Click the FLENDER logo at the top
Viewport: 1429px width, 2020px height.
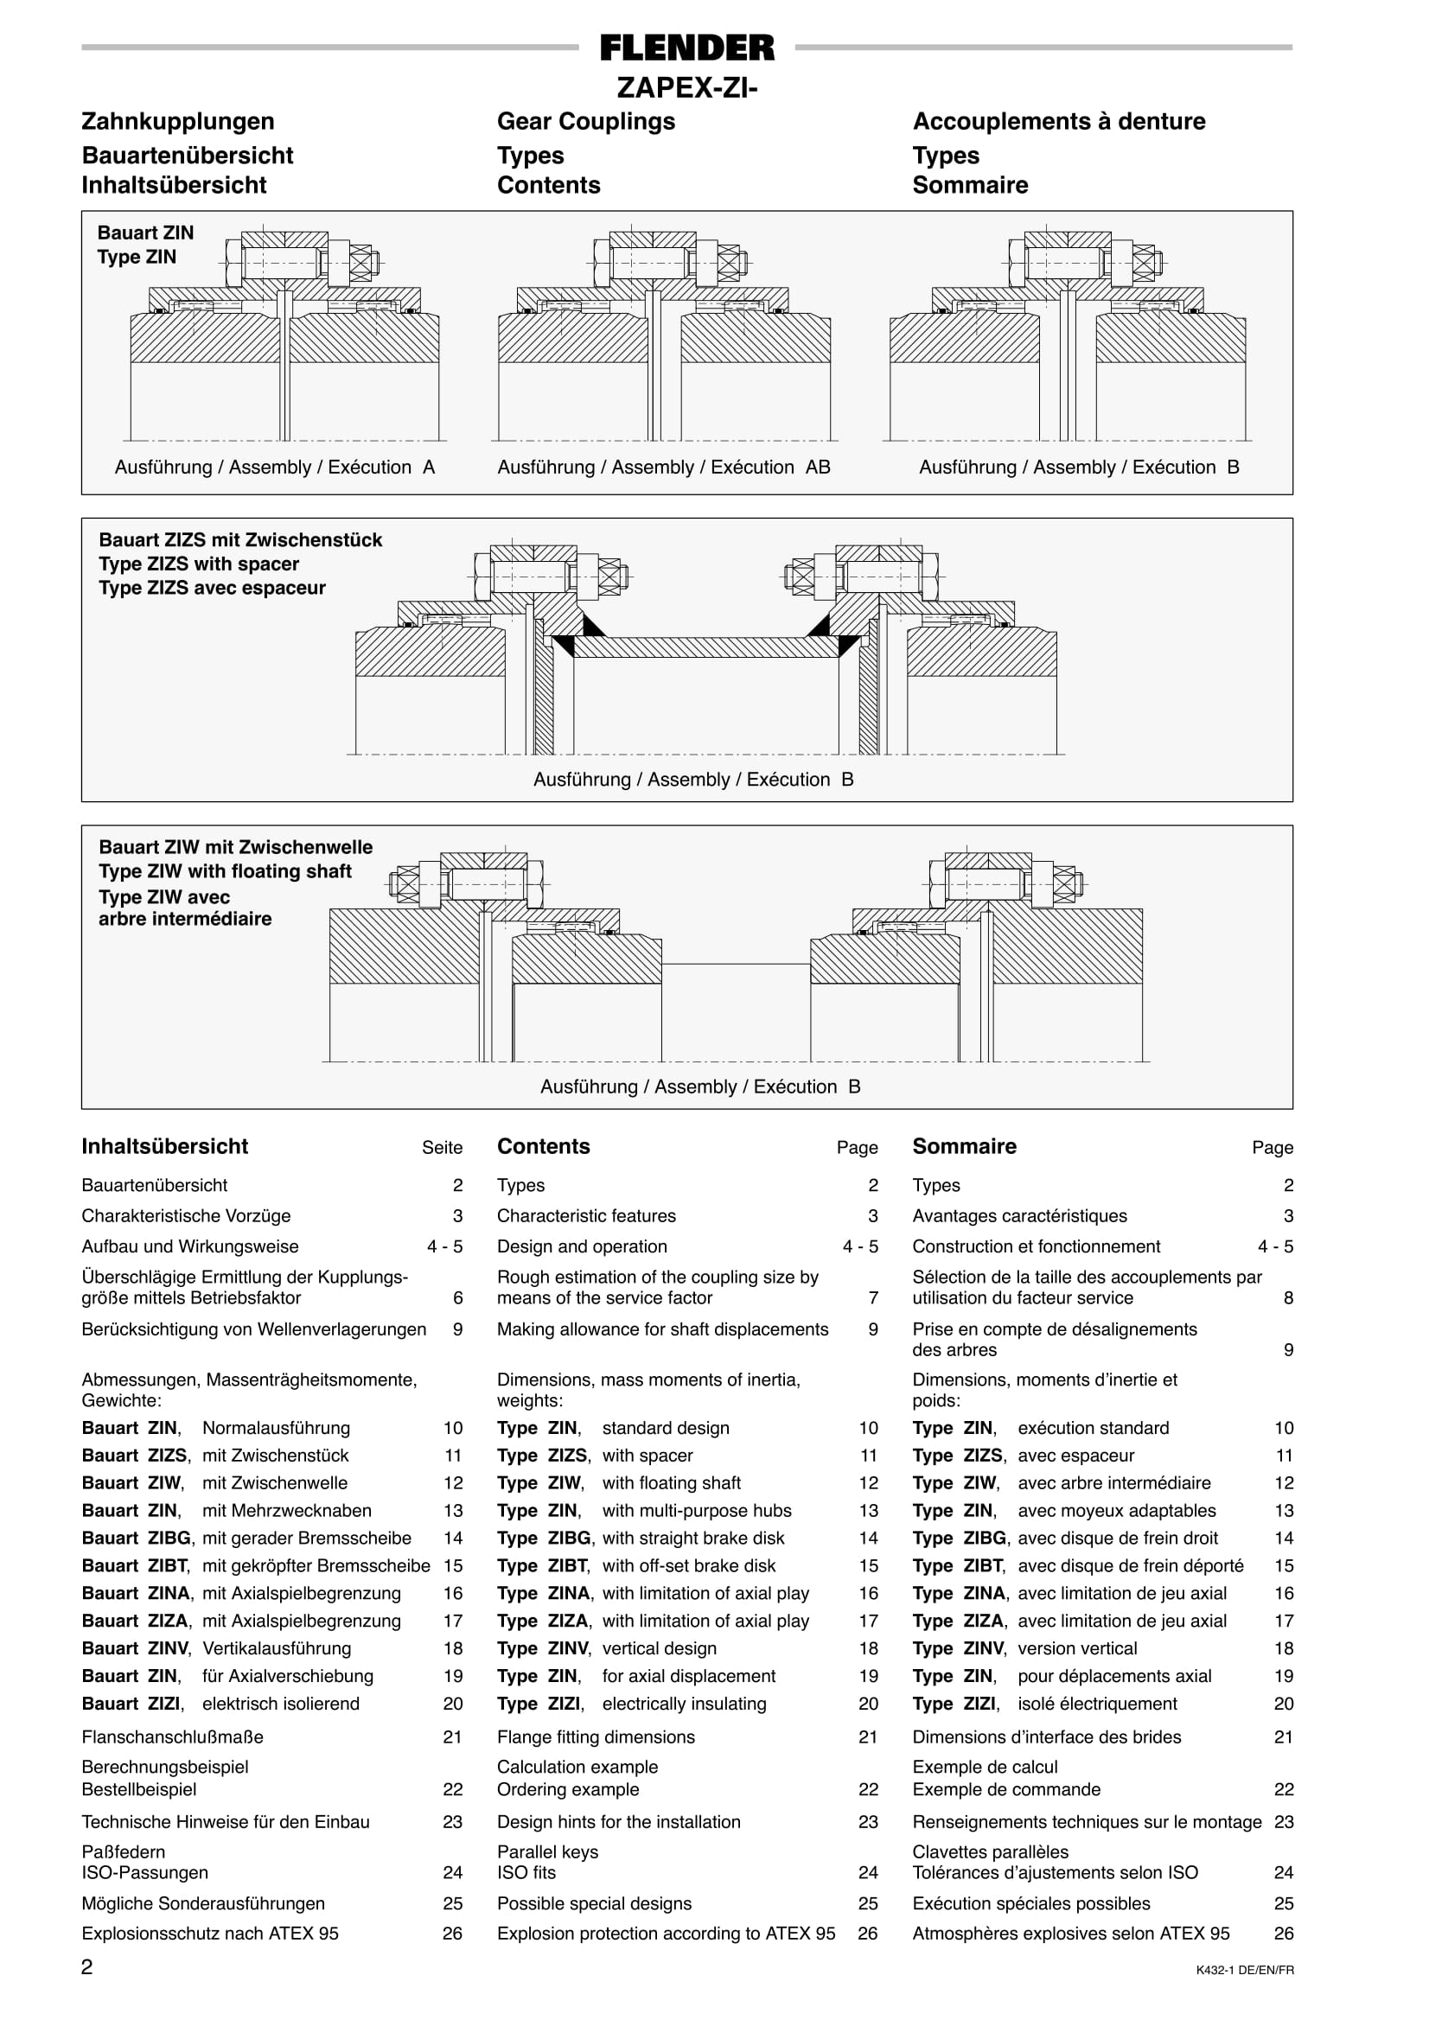(687, 48)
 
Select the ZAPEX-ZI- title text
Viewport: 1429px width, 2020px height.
(687, 88)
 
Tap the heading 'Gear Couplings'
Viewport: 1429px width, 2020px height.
(586, 121)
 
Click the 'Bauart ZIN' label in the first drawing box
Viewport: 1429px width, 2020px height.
(145, 233)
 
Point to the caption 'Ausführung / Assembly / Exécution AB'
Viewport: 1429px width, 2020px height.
(663, 467)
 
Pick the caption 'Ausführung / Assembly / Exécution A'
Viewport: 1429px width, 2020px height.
(275, 467)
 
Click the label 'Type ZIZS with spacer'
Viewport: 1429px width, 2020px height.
(199, 564)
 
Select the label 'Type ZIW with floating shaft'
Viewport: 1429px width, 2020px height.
(226, 871)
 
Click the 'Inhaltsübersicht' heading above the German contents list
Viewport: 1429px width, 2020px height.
(164, 1146)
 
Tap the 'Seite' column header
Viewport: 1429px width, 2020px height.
(442, 1147)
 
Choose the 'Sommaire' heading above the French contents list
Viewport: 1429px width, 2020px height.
(965, 1146)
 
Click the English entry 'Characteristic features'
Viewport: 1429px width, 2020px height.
(586, 1216)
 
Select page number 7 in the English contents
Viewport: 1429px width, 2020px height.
(873, 1297)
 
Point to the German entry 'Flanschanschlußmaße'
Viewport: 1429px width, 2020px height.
(173, 1736)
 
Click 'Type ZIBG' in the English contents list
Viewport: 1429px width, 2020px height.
(544, 1538)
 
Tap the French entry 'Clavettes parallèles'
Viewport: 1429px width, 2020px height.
(990, 1852)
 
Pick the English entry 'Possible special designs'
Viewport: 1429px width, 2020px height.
(594, 1903)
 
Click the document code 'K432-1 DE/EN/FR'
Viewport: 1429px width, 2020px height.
(1244, 1971)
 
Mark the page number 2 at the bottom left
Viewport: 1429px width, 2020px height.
(87, 1967)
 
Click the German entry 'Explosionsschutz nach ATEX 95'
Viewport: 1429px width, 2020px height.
(210, 1933)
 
